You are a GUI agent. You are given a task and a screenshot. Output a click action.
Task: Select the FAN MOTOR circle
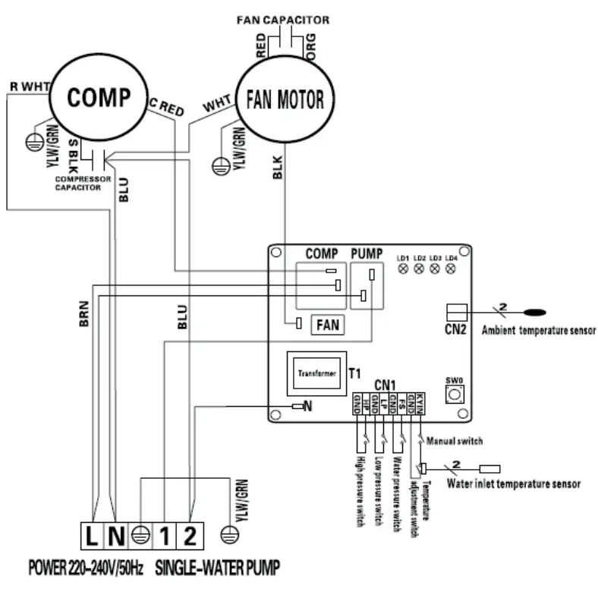pos(285,99)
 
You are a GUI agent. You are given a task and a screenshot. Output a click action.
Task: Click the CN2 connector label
pos(455,330)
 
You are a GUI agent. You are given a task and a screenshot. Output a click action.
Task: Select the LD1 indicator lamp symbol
pos(403,269)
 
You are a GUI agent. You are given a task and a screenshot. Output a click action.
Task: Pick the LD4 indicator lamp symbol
pos(452,269)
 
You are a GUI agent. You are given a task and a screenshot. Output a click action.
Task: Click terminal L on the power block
pos(91,537)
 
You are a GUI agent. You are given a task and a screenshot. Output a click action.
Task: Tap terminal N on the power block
pos(116,537)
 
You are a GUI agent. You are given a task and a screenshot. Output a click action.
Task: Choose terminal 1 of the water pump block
pos(165,537)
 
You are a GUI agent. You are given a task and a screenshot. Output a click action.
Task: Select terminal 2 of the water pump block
pos(190,537)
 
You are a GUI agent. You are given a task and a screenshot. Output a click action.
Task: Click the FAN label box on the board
pos(328,325)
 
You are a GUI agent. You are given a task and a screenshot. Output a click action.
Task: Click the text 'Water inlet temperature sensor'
pos(513,483)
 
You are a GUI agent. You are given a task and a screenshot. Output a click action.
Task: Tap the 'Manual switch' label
pos(455,440)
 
